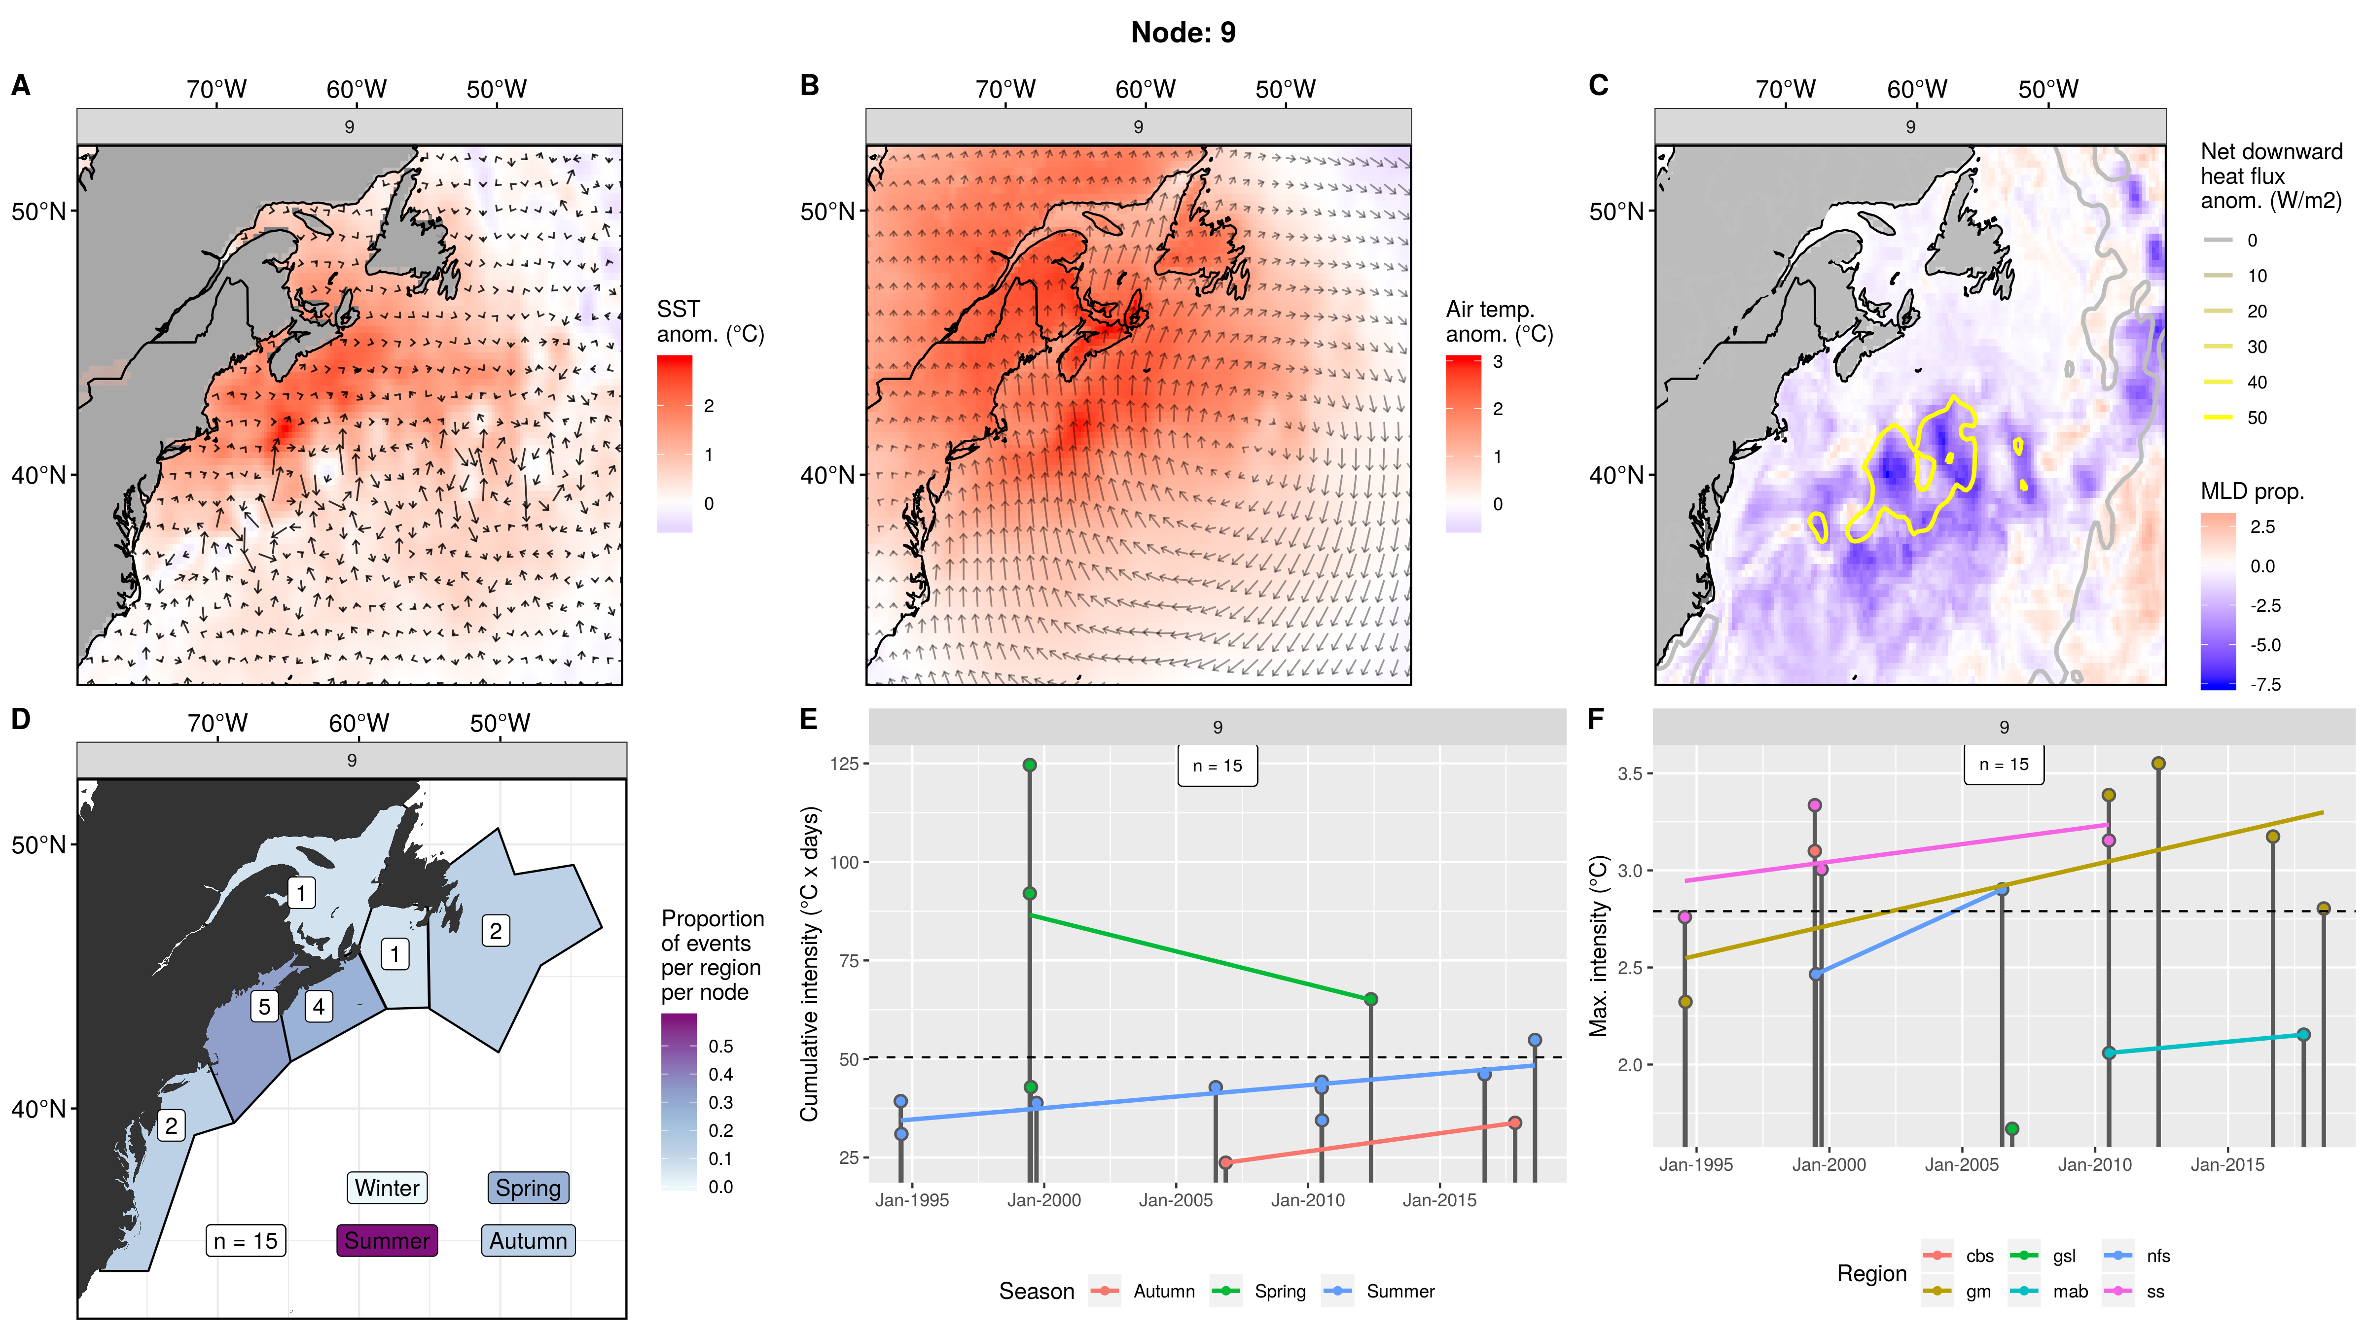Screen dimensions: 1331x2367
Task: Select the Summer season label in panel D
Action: pyautogui.click(x=387, y=1240)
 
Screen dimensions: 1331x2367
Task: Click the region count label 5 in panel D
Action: pyautogui.click(x=265, y=1007)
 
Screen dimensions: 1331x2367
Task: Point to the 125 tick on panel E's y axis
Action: pyautogui.click(x=844, y=763)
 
